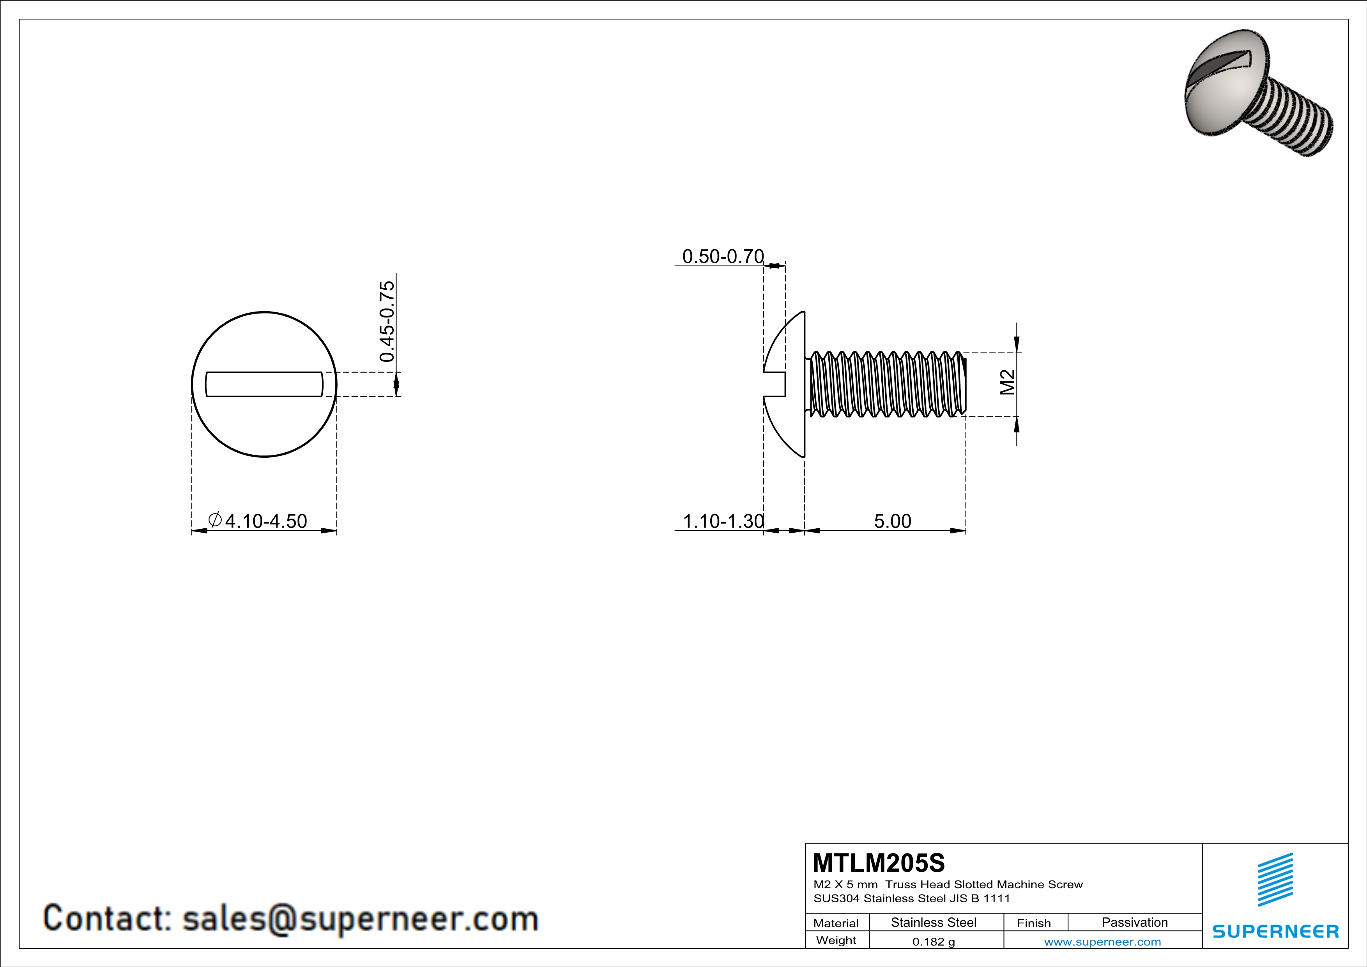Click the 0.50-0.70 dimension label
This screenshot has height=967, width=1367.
[x=722, y=257]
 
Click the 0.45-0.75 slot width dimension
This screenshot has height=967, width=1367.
[x=387, y=322]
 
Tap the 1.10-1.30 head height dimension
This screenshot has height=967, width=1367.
[x=722, y=521]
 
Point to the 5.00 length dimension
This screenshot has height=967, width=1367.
[x=892, y=521]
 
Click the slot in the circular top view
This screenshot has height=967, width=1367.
[x=264, y=384]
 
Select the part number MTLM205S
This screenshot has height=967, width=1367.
[x=878, y=863]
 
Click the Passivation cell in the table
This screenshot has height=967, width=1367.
[x=1134, y=922]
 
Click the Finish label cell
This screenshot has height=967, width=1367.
[x=1034, y=923]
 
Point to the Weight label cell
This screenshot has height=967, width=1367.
[x=836, y=940]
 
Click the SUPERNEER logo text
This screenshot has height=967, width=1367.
[x=1275, y=931]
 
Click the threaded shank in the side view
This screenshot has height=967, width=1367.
[x=887, y=384]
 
